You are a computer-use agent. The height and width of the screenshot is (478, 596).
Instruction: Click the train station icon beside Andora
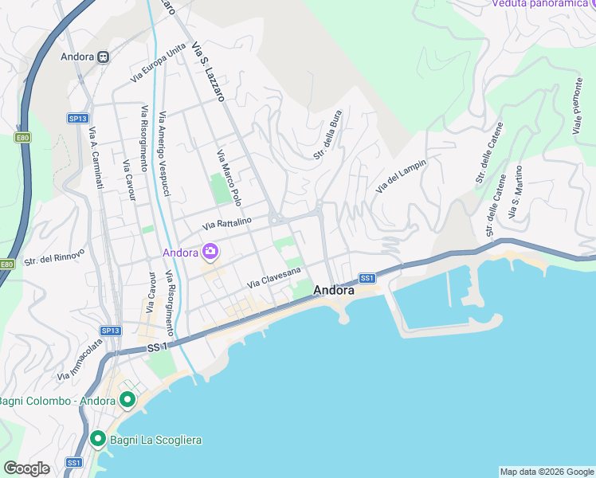click(x=104, y=57)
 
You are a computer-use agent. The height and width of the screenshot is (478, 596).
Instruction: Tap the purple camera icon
click(x=210, y=253)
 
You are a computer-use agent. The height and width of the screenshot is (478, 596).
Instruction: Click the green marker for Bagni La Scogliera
click(x=98, y=438)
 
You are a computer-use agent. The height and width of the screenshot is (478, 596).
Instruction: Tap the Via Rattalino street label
click(x=227, y=223)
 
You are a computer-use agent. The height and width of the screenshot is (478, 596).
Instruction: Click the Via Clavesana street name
click(x=274, y=278)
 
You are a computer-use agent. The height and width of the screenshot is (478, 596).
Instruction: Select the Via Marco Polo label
click(x=229, y=176)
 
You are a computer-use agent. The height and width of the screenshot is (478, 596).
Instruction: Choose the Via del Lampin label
click(x=401, y=175)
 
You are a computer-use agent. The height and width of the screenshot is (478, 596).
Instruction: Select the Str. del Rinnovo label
click(x=50, y=259)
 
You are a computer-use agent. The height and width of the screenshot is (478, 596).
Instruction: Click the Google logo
click(x=26, y=468)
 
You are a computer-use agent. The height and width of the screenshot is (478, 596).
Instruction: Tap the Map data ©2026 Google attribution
click(x=546, y=472)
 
